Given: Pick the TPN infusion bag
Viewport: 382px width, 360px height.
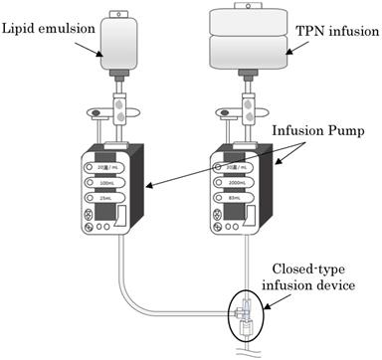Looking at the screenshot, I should pyautogui.click(x=246, y=39).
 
